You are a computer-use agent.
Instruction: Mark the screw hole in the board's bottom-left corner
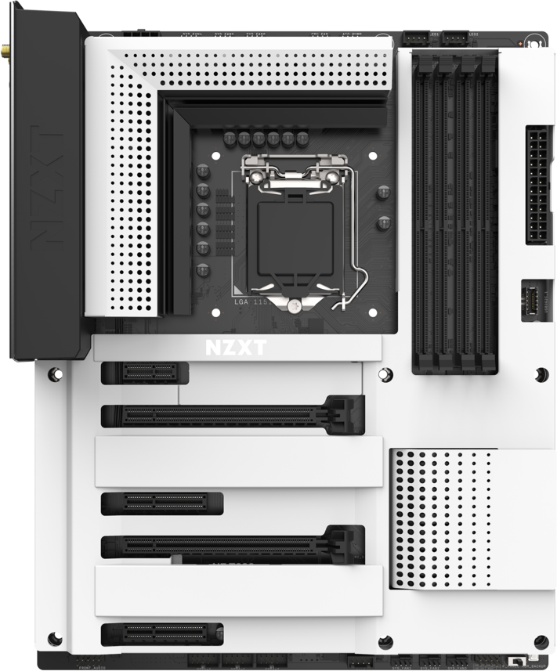click(x=53, y=637)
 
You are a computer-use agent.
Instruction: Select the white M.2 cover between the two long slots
click(x=239, y=461)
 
